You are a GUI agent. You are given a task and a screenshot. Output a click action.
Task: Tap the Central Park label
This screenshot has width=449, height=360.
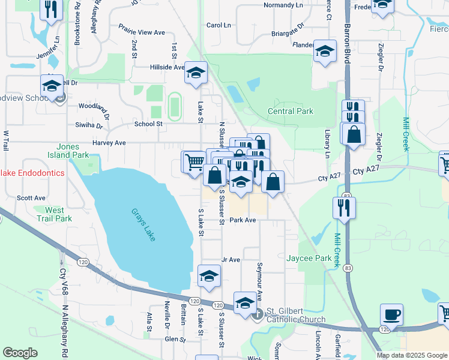291,111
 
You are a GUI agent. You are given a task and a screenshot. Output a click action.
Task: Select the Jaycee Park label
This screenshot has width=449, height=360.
309,258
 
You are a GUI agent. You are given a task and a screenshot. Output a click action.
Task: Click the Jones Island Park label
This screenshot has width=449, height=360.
73,151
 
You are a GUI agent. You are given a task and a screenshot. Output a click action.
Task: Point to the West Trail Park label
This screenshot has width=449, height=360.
54,214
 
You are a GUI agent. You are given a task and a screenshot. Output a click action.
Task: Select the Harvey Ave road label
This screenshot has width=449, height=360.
109,143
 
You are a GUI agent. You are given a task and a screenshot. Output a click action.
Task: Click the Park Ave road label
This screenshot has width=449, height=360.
243,220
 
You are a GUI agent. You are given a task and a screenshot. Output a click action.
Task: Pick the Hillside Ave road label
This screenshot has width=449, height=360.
167,67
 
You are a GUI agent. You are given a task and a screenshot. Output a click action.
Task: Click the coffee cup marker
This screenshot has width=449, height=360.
391,314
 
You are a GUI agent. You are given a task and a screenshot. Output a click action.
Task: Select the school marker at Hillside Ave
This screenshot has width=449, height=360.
196,73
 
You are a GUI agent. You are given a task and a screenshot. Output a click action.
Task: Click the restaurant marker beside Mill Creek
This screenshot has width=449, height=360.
344,208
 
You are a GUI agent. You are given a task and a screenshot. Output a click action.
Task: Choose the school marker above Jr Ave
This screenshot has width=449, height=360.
209,275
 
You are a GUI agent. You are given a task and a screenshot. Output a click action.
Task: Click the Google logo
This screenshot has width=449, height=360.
20,353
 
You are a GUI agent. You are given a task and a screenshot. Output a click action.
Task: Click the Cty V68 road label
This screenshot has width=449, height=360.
62,279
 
